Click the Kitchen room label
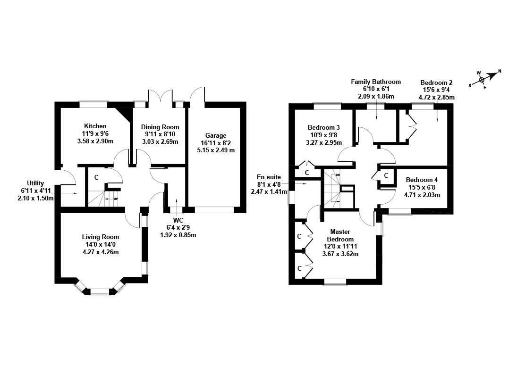95,126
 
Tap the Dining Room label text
161,127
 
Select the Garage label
216,135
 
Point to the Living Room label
100,237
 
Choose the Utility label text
35,183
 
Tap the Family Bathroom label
376,82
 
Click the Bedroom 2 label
436,83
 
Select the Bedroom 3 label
323,127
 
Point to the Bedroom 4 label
422,180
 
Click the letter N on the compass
500,72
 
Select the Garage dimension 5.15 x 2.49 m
216,150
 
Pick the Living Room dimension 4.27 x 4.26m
100,252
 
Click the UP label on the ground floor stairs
116,199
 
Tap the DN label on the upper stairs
338,175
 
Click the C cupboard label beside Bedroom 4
386,175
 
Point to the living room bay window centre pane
99,292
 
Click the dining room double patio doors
161,95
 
